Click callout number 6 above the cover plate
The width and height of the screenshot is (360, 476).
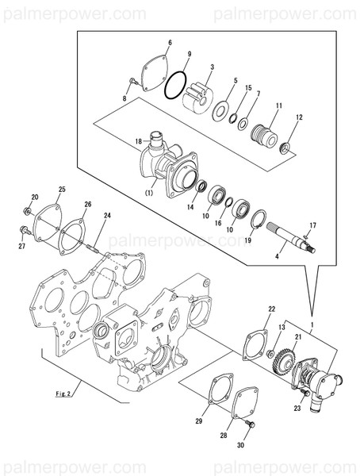[x=169, y=43]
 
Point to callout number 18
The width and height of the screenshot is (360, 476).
[x=138, y=142]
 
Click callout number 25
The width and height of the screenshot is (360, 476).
[x=62, y=190]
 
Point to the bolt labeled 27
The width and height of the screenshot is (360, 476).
[x=24, y=232]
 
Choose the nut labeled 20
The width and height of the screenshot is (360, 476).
[x=27, y=211]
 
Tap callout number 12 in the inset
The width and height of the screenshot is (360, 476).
[x=299, y=118]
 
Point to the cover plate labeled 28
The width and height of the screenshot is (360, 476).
[x=230, y=401]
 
